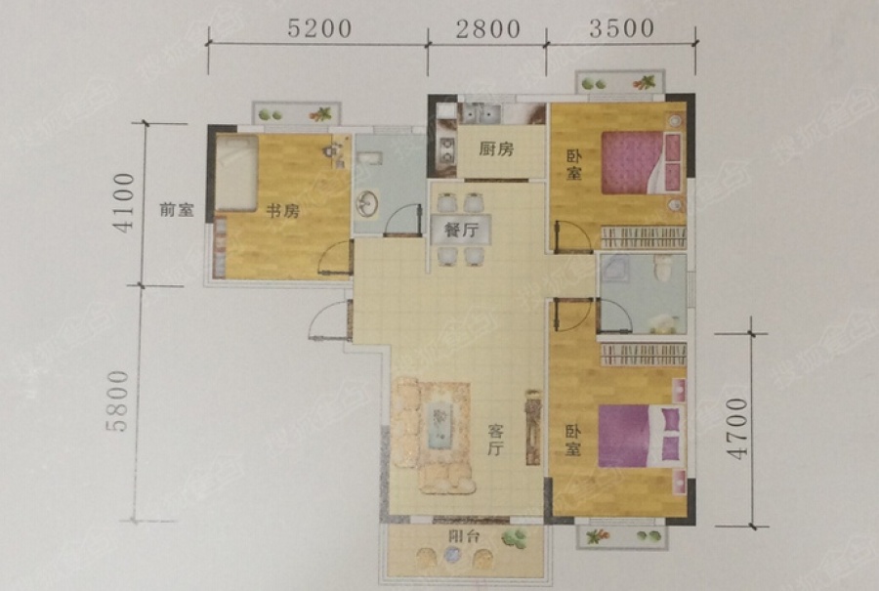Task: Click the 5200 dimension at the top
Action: pyautogui.click(x=317, y=28)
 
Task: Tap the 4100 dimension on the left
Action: pyautogui.click(x=122, y=203)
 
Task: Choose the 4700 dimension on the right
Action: pyautogui.click(x=735, y=428)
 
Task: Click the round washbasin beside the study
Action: pyautogui.click(x=369, y=203)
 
